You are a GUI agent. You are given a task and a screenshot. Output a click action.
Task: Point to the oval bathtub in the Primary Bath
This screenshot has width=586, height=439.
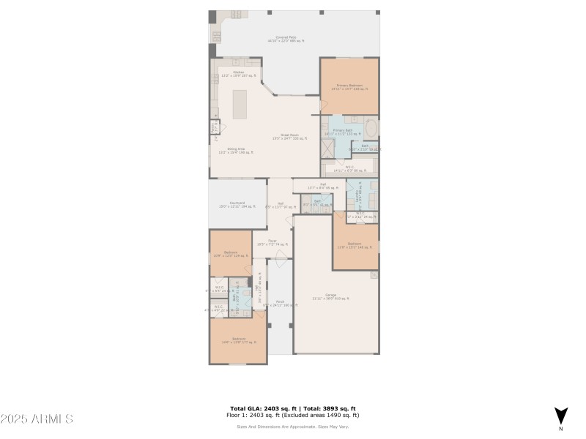coord(371,128)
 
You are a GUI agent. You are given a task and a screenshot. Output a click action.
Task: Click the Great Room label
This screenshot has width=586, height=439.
coord(290,136)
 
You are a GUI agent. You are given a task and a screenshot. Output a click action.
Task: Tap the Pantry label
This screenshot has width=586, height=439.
coord(214,127)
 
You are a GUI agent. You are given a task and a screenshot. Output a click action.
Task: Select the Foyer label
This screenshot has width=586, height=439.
coord(272,242)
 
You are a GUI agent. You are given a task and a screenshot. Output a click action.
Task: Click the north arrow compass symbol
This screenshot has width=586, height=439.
coord(560,415)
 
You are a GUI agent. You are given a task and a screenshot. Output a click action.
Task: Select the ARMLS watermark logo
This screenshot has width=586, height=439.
coord(37,419)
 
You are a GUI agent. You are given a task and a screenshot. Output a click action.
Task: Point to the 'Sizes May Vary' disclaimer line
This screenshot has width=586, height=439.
coord(292,426)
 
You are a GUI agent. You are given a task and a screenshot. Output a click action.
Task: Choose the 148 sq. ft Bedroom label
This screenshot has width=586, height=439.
coord(355,245)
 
